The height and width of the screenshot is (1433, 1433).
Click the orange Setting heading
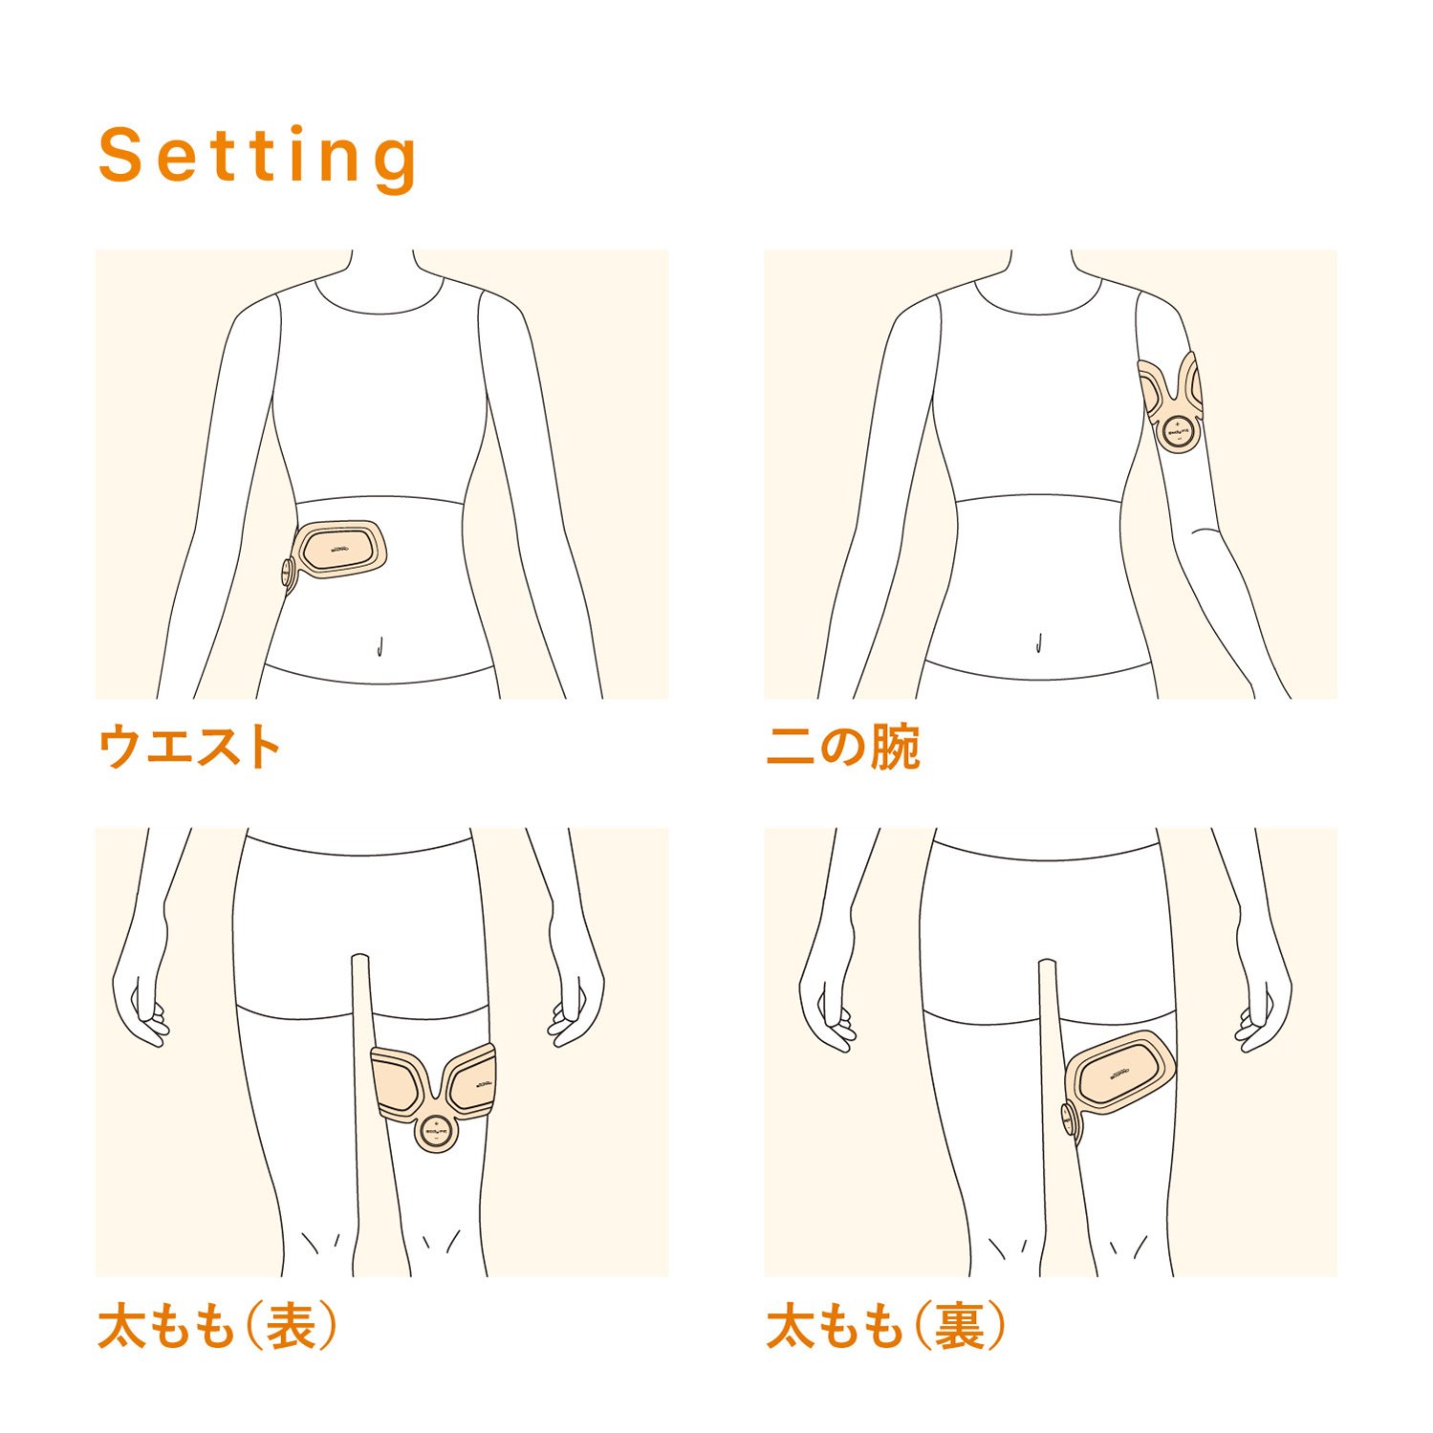tap(258, 156)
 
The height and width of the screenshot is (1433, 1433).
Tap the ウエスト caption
tap(189, 747)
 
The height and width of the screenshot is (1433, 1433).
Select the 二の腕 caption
tap(842, 747)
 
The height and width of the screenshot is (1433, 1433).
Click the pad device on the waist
tap(341, 550)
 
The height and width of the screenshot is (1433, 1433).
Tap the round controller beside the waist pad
tap(287, 573)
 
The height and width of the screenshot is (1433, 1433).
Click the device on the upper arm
tap(1172, 402)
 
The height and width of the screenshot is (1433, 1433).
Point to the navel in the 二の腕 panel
tap(1039, 643)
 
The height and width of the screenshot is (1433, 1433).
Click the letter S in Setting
tap(120, 156)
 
